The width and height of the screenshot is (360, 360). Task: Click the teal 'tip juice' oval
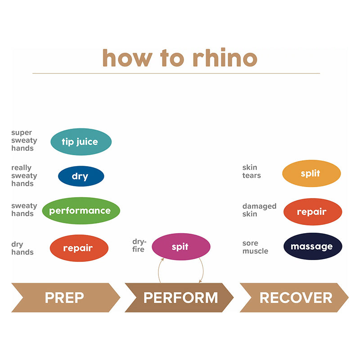[x=81, y=142]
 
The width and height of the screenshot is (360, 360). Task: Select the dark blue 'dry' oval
[x=81, y=176]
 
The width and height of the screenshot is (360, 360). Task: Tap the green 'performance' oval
[x=81, y=211]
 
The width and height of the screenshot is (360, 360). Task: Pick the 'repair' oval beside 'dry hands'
[x=79, y=248]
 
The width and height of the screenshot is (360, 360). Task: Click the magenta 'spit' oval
[x=180, y=247]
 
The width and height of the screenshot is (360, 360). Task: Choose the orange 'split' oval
[x=311, y=173]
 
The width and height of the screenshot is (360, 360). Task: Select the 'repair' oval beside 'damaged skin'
[x=312, y=211]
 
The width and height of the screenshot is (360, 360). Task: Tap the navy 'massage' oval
[x=312, y=247]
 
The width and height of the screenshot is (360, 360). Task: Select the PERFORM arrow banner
[x=180, y=297]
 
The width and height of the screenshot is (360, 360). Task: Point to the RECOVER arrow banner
[x=295, y=297]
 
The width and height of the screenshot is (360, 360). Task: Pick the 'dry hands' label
[x=22, y=248]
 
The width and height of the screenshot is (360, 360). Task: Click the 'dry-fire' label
[x=139, y=245]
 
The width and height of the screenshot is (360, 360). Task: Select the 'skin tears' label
[x=252, y=171]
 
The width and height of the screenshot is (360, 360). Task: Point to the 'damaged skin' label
[x=259, y=210]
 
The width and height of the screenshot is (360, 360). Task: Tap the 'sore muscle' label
[x=255, y=247]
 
